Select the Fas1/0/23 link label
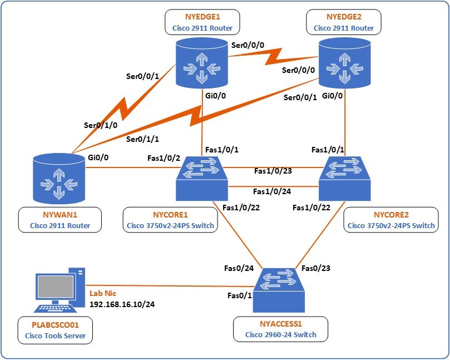(273, 171)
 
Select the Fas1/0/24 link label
(272, 191)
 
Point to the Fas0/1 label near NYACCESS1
(239, 295)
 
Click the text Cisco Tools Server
(58, 336)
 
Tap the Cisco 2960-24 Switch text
(281, 335)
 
